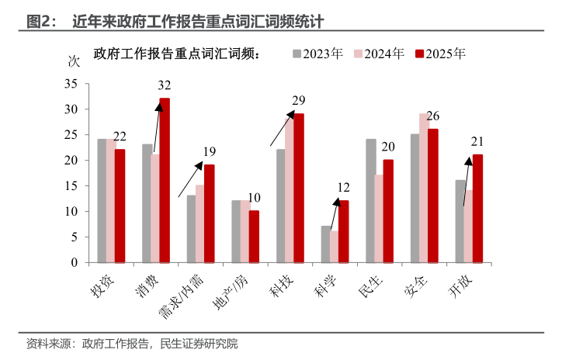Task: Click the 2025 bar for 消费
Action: click(165, 180)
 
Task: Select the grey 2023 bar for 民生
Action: click(370, 201)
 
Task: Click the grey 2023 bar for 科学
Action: click(326, 244)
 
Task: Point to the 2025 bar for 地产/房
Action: click(254, 237)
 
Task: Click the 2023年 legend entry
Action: click(317, 54)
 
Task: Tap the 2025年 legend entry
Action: click(440, 54)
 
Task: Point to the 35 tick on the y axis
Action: click(71, 84)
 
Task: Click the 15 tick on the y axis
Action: click(71, 186)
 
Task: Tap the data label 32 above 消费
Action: click(165, 86)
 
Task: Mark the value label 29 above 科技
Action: click(299, 101)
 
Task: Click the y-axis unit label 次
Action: click(75, 62)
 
